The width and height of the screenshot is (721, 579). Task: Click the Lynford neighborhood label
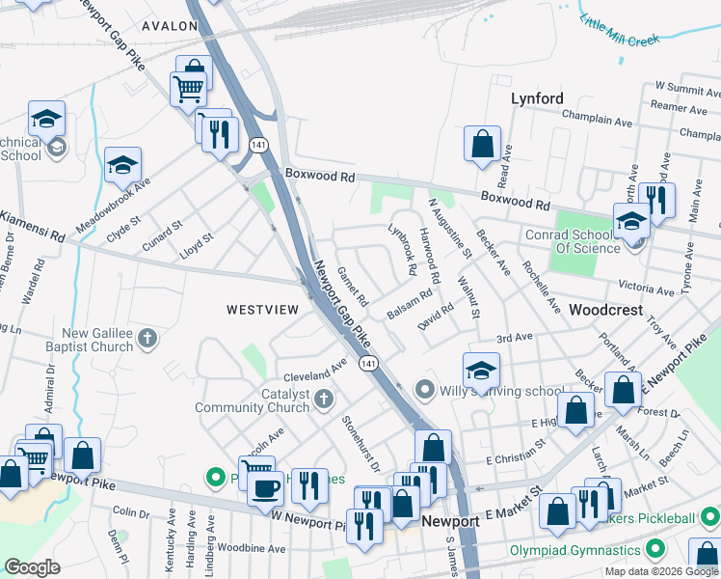(537, 98)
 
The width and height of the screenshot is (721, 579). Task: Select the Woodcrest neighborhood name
(605, 311)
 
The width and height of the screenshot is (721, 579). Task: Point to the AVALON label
(169, 26)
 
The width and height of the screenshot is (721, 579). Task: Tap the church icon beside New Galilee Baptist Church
(147, 338)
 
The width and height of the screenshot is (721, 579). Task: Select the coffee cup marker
(264, 486)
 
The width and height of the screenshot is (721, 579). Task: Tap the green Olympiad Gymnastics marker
(656, 550)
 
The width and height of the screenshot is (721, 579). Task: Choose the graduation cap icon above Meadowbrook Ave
(123, 165)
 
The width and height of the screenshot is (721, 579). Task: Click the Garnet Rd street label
(352, 287)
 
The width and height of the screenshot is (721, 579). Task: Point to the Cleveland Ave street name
(314, 372)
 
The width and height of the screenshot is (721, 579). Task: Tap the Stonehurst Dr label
(362, 443)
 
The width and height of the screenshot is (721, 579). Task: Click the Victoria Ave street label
(646, 288)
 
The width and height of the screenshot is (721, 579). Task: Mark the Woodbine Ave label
(252, 549)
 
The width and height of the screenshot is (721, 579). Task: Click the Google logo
(33, 567)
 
